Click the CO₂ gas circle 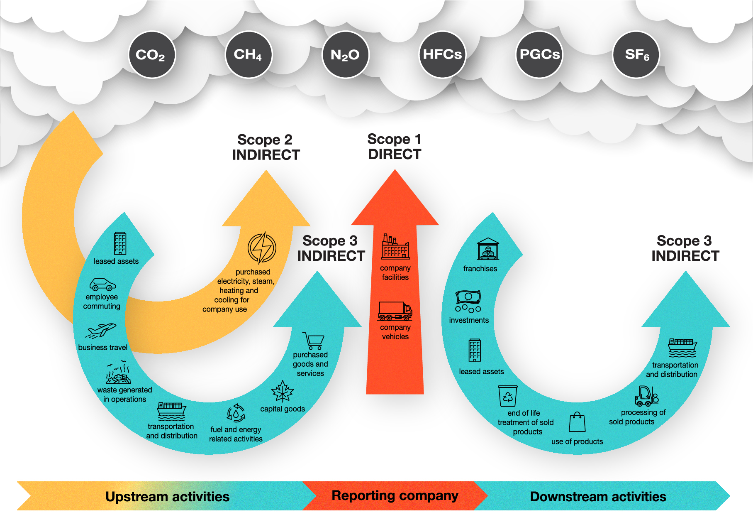pyautogui.click(x=152, y=55)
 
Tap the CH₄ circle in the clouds pyautogui.click(x=249, y=55)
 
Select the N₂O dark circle pyautogui.click(x=346, y=55)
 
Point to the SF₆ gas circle pyautogui.click(x=636, y=55)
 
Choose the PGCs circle pyautogui.click(x=539, y=55)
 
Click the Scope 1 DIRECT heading pyautogui.click(x=395, y=147)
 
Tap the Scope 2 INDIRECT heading pyautogui.click(x=266, y=147)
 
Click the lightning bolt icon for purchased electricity pyautogui.click(x=262, y=248)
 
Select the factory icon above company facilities pyautogui.click(x=395, y=247)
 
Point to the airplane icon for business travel pyautogui.click(x=101, y=331)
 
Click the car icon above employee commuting pyautogui.click(x=102, y=284)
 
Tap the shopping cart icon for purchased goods pyautogui.click(x=314, y=341)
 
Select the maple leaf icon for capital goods pyautogui.click(x=283, y=391)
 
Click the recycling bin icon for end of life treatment pyautogui.click(x=508, y=396)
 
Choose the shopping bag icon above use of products pyautogui.click(x=577, y=422)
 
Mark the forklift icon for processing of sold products pyautogui.click(x=646, y=396)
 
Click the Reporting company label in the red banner pyautogui.click(x=395, y=495)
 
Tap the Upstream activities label pyautogui.click(x=167, y=497)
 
